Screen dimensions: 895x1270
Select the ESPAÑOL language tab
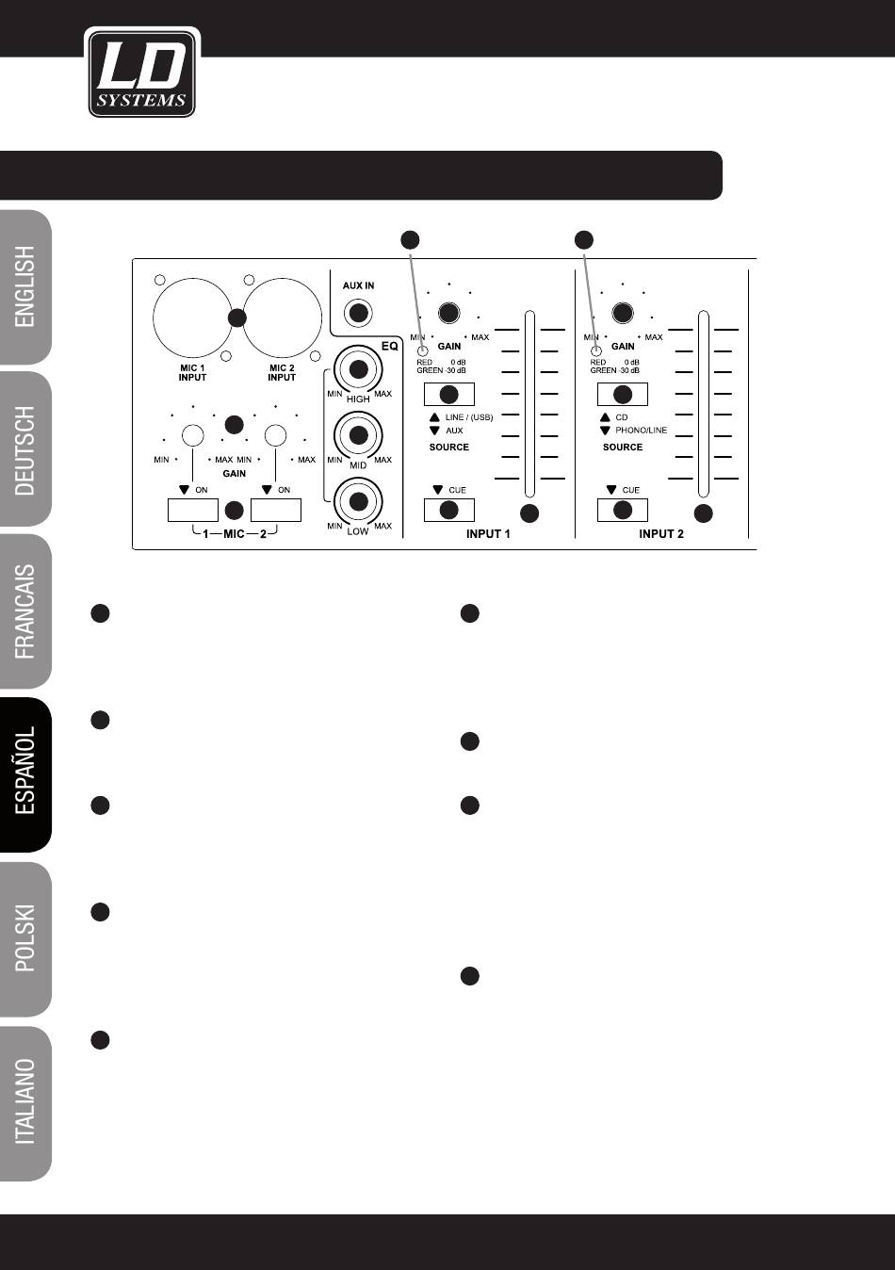click(25, 774)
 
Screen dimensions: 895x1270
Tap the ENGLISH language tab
click(25, 287)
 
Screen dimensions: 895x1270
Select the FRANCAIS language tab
click(25, 611)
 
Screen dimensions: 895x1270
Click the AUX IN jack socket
click(358, 313)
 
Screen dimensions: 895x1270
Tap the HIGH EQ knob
click(358, 369)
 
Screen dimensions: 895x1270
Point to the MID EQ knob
click(358, 435)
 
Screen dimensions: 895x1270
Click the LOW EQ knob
click(358, 501)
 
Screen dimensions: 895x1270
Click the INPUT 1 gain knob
click(449, 313)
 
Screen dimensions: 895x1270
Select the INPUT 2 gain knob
click(623, 313)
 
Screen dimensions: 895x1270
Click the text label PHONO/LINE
click(641, 431)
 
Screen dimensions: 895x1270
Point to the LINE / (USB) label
click(469, 417)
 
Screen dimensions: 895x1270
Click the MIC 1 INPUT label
click(192, 372)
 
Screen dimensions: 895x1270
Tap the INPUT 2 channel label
click(661, 534)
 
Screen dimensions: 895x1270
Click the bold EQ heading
click(389, 346)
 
